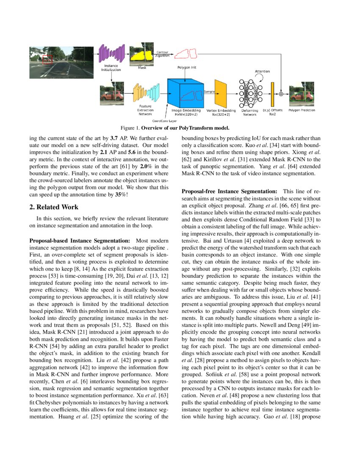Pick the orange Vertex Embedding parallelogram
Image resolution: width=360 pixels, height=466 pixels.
point(221,93)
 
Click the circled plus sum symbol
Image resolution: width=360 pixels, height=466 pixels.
point(281,93)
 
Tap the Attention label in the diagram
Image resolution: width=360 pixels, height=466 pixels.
point(262,71)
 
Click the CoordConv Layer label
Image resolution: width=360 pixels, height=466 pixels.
point(164,121)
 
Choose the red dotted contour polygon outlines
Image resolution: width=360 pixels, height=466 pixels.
point(186,53)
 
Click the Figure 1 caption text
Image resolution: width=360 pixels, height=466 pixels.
point(175,128)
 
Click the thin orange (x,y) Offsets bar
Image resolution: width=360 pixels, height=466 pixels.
point(272,93)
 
